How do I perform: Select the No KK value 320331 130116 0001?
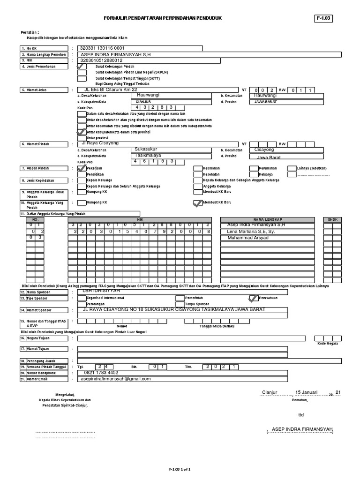tap(102, 48)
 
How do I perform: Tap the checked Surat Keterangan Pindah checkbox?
tap(82, 67)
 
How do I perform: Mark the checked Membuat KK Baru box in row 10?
tap(197, 203)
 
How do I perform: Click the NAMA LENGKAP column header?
tap(268, 219)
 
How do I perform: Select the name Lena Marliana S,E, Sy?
tap(250, 232)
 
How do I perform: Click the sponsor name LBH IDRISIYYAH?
tap(101, 291)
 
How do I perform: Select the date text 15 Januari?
tap(307, 392)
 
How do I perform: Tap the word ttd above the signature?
tap(301, 415)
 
